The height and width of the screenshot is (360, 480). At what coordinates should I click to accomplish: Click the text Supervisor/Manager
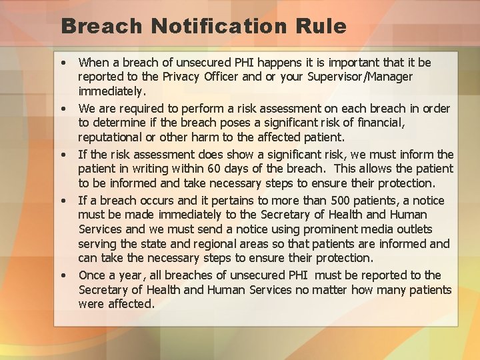tap(361, 77)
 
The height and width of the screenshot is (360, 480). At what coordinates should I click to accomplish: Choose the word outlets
tap(431, 229)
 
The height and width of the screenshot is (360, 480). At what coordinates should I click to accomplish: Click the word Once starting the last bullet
tap(93, 275)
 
